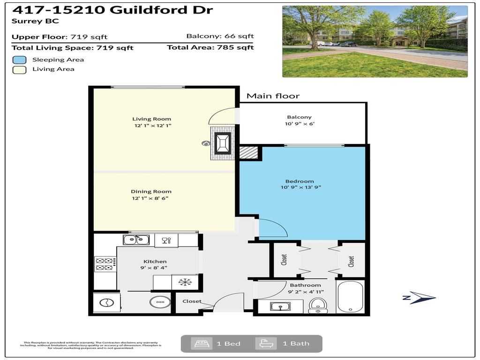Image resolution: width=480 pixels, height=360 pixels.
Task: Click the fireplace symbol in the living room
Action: coord(222,143)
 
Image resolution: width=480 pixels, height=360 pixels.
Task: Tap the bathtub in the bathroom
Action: coord(350,297)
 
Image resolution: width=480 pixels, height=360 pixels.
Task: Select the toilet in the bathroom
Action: coord(317,305)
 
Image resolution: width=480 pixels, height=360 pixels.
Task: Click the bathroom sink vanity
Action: coord(280,307)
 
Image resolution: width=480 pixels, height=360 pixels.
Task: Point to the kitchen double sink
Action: coord(136,240)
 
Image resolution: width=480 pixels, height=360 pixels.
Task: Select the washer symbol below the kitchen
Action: coord(107,302)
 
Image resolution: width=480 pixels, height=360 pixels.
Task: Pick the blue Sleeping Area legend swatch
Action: coord(19,60)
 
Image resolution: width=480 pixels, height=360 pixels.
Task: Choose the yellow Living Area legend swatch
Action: coord(19,69)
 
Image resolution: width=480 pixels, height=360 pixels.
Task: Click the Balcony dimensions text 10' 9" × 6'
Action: coord(299,124)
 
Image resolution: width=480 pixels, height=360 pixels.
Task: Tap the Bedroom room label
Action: coord(300,181)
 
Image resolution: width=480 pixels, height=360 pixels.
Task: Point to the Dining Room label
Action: coord(151,191)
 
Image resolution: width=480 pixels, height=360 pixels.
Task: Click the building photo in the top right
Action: coord(375,41)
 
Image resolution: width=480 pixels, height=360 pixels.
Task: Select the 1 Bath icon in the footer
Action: coord(262,344)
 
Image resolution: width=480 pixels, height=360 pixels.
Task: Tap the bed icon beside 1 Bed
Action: coord(198,344)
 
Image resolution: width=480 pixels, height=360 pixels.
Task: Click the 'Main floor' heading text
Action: coord(273,96)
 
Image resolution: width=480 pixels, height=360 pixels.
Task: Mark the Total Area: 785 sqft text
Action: coord(210,47)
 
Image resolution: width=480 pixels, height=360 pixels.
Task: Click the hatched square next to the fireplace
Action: coord(248,152)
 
